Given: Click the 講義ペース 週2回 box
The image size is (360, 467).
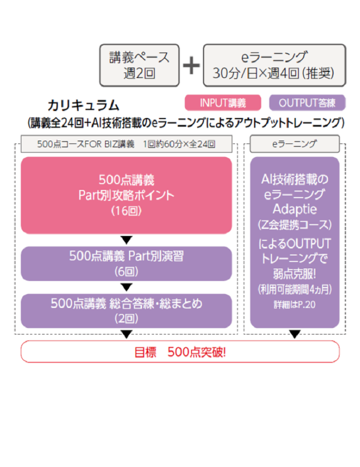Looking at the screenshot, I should pos(139,65).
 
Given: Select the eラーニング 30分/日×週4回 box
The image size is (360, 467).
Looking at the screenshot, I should pos(274,65).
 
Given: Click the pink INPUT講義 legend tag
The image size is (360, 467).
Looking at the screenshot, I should pos(223,102).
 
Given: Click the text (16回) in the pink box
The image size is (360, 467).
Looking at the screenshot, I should pos(126,210).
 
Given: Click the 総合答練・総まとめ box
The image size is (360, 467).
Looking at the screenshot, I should pos(126,310).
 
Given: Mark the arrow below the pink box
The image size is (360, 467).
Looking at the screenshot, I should pos(126,239).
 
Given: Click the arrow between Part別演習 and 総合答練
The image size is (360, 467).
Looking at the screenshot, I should pos(126,287).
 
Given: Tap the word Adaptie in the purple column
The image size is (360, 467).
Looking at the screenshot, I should pos(294,207).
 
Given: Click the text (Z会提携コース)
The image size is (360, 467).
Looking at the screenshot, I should pos(294,223).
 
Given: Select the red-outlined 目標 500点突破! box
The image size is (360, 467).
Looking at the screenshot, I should pos(180,351).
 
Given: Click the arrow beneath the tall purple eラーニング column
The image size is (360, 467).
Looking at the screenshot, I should pos(294,333).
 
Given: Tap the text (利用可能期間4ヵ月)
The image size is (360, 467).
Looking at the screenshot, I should pos(294,289).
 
